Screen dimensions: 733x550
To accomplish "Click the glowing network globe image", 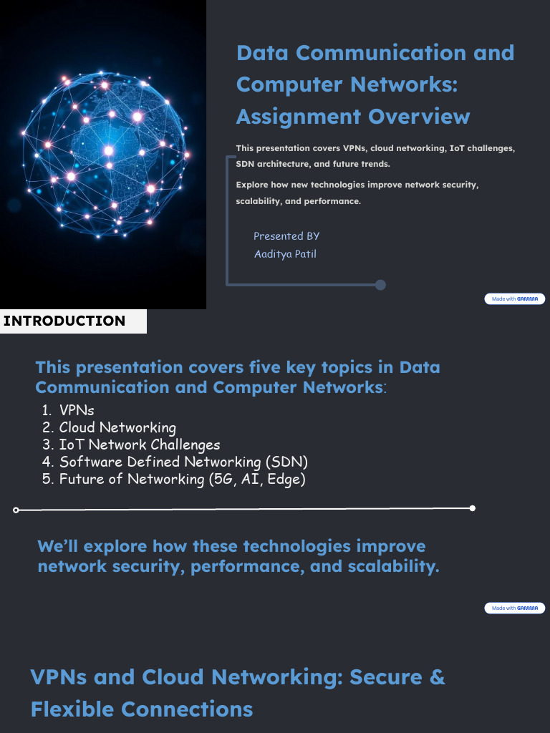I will click(x=103, y=154).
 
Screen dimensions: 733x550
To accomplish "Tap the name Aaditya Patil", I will click(x=285, y=254).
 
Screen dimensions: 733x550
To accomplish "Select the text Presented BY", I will click(x=286, y=236).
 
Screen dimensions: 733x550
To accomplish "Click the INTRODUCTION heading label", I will click(x=64, y=321).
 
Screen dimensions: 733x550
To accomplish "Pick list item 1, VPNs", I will click(x=76, y=410).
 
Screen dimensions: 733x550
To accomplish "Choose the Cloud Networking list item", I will click(x=117, y=427).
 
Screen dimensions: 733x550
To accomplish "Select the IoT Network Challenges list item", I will click(x=139, y=445).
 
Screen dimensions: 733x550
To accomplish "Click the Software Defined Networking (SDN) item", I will click(x=183, y=462).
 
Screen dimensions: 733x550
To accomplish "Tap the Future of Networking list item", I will click(x=182, y=479).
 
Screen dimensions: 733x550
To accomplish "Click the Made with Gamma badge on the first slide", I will click(x=514, y=298).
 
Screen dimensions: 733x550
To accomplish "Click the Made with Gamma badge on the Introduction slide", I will click(x=514, y=608).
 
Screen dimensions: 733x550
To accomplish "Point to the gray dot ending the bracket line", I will click(x=380, y=285).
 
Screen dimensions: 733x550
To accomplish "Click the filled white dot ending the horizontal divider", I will click(x=472, y=508).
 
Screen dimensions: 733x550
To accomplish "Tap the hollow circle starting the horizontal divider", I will click(x=16, y=510).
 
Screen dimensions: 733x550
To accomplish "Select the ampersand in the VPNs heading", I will click(x=436, y=676).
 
